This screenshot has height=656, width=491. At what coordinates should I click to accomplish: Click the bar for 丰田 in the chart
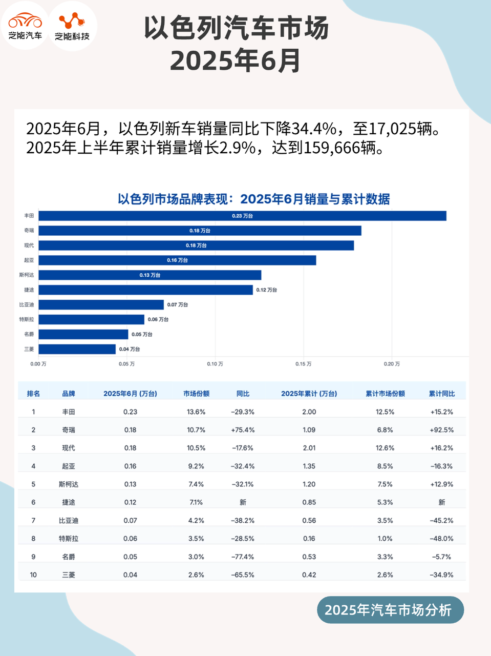point(242,216)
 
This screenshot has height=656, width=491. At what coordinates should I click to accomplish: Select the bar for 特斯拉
point(91,319)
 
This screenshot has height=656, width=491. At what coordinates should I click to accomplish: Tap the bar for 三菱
point(77,349)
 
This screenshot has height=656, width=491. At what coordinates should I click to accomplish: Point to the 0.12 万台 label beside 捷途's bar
point(266,290)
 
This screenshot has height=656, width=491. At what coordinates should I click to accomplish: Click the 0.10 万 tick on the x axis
point(215,364)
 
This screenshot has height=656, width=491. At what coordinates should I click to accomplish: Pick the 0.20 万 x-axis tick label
point(392,364)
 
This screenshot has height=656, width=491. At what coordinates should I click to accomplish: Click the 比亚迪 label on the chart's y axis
point(27,305)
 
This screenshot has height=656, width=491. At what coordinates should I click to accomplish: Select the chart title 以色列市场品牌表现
point(253,199)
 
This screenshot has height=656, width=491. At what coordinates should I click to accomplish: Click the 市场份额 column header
point(196,394)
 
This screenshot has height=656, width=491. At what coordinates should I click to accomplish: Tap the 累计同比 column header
point(441,394)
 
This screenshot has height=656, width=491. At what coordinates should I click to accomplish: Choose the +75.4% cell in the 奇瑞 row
point(243,430)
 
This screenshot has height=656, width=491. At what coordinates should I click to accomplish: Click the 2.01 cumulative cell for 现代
point(309,448)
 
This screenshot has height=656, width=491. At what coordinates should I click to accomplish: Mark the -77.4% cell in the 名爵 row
point(243,557)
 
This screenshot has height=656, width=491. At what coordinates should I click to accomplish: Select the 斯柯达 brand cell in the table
point(69,484)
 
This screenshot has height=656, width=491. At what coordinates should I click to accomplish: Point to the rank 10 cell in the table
point(33,575)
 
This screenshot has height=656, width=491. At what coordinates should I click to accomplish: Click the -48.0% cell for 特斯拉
point(441,539)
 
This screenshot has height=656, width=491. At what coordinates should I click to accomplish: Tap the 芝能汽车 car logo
point(25,25)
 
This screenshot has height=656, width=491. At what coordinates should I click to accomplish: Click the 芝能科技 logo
point(72,25)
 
